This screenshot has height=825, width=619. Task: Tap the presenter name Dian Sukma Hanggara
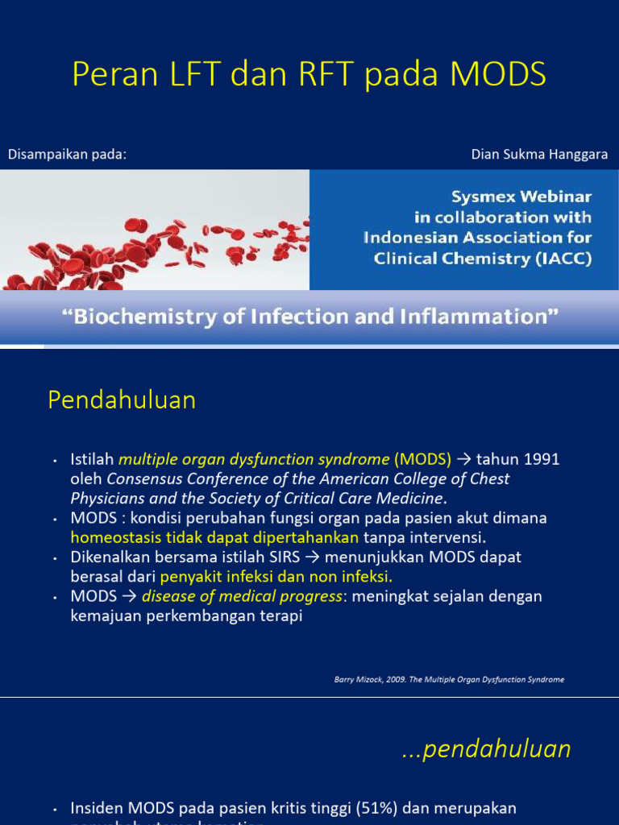pyautogui.click(x=539, y=155)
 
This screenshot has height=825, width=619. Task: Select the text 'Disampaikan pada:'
pyautogui.click(x=67, y=155)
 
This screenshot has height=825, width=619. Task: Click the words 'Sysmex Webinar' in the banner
pyautogui.click(x=521, y=197)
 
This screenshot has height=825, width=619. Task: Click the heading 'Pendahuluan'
pyautogui.click(x=122, y=400)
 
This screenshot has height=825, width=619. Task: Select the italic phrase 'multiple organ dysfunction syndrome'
pyautogui.click(x=253, y=459)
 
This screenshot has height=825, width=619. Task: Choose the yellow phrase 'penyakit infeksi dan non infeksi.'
pyautogui.click(x=276, y=577)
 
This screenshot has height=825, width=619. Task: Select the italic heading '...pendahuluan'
pyautogui.click(x=486, y=748)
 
